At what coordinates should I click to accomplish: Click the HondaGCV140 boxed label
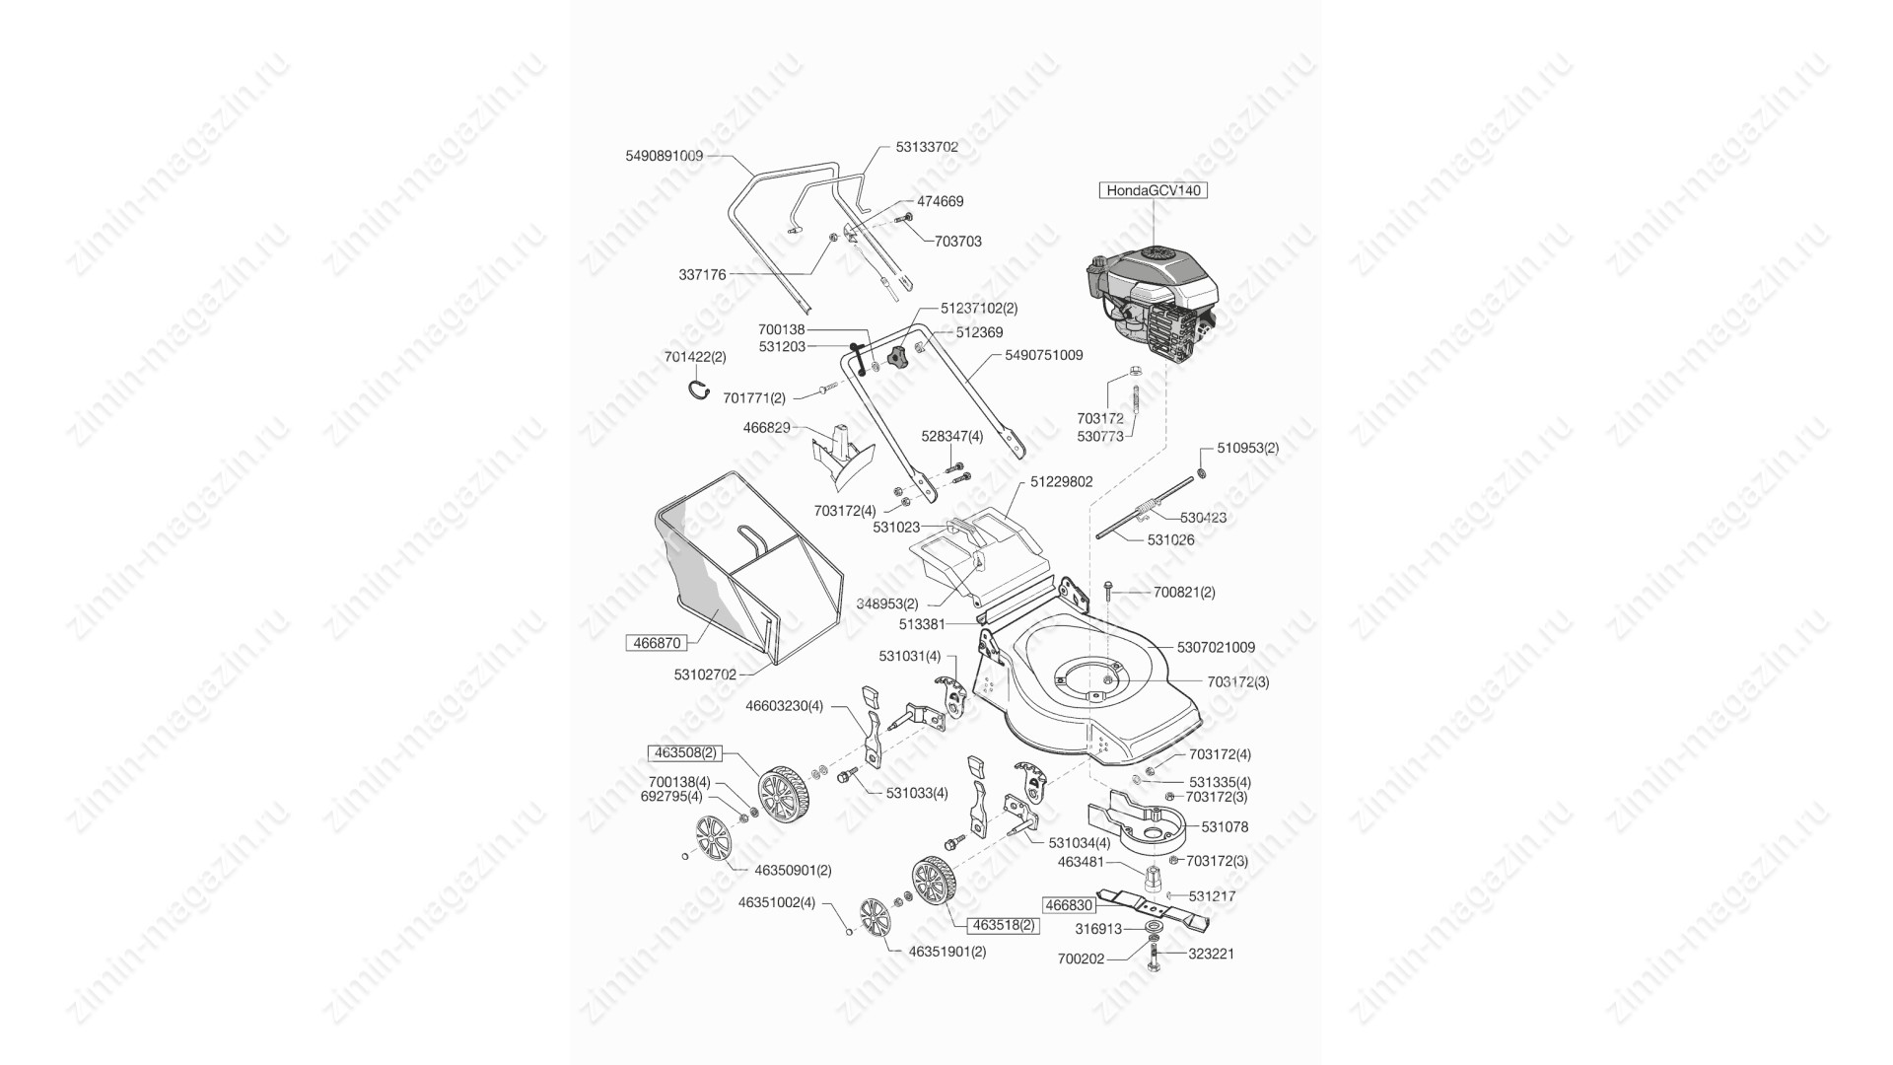tap(1154, 190)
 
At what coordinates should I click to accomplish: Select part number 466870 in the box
tap(657, 642)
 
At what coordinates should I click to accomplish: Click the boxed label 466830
tap(1069, 904)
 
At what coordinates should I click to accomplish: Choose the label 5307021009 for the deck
tap(1217, 648)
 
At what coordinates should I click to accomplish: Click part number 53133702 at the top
tap(927, 147)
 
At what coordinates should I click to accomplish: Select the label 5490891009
tap(665, 156)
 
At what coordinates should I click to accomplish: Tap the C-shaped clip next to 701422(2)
tap(699, 389)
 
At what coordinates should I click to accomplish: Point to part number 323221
tap(1211, 954)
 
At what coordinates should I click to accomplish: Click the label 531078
tap(1225, 827)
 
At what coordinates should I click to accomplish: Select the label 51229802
tap(1062, 482)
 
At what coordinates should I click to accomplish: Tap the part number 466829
tap(766, 428)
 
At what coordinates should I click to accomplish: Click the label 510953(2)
tap(1247, 448)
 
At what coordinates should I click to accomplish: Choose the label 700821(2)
tap(1184, 593)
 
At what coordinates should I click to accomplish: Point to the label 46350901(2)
tap(793, 871)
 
